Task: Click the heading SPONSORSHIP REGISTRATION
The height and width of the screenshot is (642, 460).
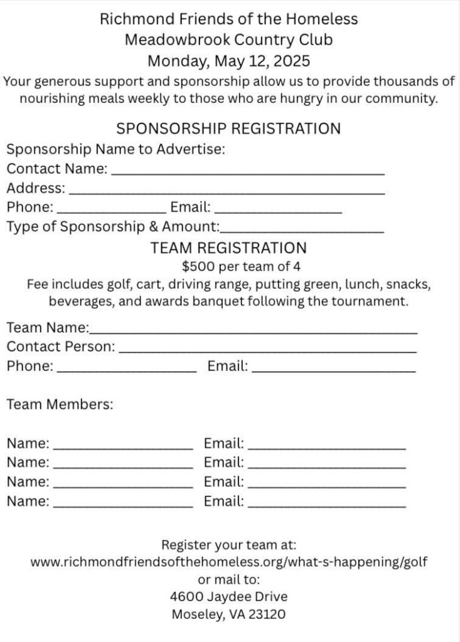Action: [228, 129]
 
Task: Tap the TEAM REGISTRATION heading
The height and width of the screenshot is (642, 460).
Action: [228, 248]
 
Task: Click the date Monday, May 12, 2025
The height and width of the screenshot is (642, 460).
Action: [228, 62]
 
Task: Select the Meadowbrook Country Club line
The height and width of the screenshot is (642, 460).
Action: [228, 40]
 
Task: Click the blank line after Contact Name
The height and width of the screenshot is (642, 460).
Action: [248, 171]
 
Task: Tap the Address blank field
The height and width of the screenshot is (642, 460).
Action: [226, 190]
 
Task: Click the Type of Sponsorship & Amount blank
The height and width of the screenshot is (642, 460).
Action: [302, 229]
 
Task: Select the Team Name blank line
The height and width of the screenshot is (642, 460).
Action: [254, 329]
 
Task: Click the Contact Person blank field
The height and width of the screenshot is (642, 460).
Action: [267, 348]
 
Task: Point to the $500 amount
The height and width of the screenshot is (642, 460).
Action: [195, 265]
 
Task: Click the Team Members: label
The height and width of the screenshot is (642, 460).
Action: [60, 404]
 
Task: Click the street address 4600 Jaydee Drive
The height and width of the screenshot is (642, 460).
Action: [228, 597]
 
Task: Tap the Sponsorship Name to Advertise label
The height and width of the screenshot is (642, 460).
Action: [115, 149]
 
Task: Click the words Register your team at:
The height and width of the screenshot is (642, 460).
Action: [228, 544]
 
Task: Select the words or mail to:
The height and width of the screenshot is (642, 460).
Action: [228, 579]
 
